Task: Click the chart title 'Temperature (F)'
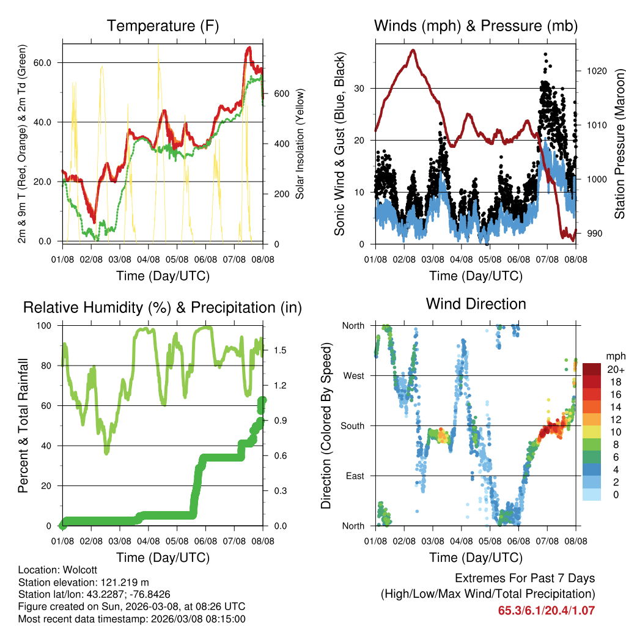163,26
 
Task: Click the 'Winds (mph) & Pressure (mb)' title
476,26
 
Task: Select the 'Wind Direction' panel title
476,303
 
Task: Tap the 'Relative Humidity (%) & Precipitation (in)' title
163,307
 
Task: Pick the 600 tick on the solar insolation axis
281,94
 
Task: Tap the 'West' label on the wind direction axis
354,375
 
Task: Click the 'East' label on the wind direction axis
355,476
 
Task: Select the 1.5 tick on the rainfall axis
281,350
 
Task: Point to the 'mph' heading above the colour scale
614,356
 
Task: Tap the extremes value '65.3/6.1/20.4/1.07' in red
546,610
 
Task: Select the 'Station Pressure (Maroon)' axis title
619,143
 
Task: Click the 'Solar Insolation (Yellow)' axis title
300,144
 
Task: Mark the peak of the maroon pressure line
413,50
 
